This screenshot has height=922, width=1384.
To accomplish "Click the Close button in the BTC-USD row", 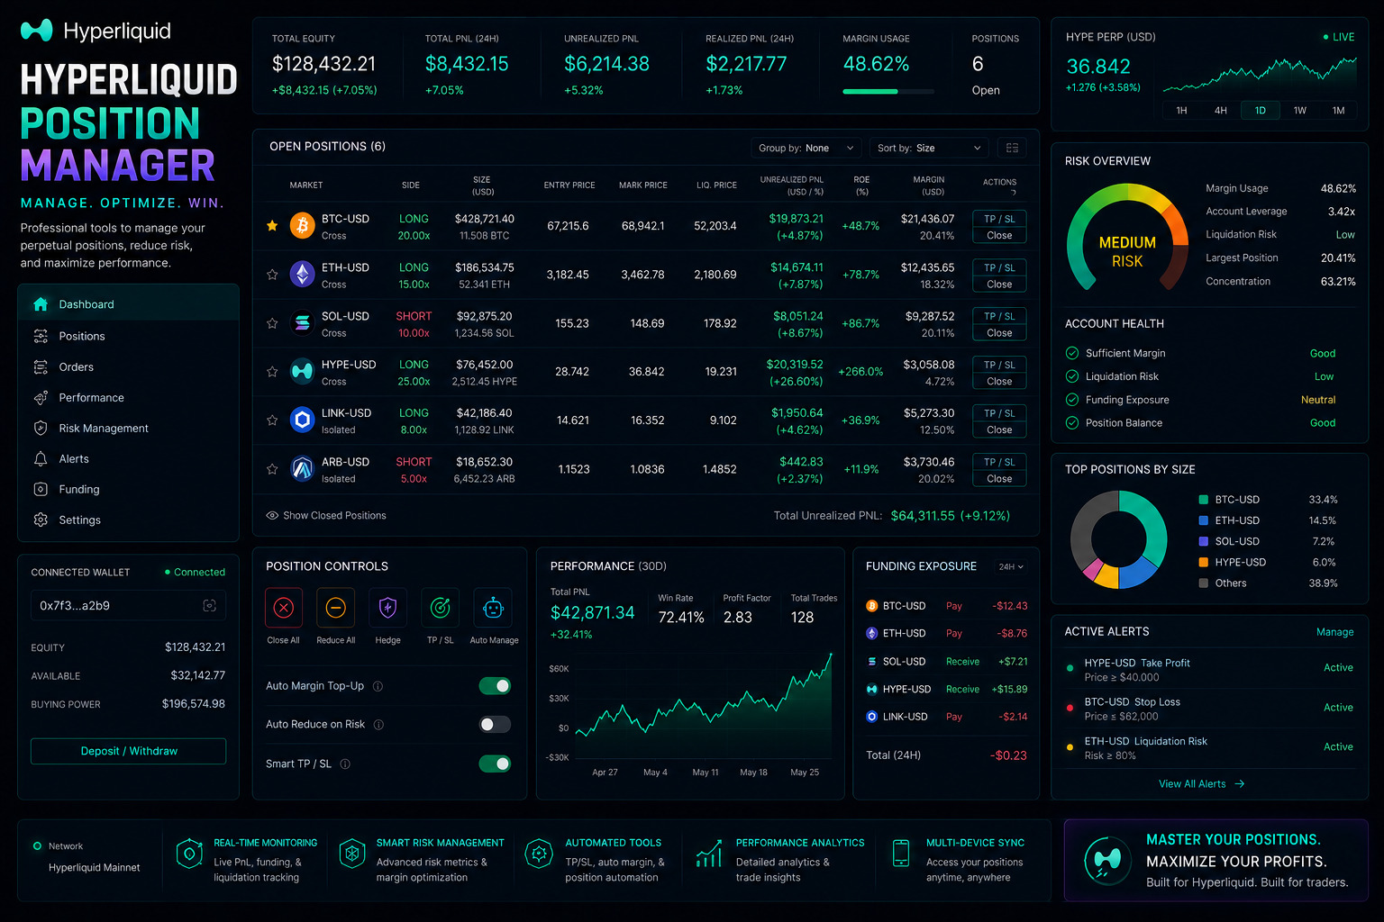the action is [998, 235].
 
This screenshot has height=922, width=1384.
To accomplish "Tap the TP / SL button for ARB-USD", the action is [998, 462].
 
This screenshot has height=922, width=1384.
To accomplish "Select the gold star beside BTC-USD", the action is [272, 225].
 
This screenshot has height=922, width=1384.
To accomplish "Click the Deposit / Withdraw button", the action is [129, 751].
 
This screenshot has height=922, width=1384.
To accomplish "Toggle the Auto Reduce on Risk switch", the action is [495, 724].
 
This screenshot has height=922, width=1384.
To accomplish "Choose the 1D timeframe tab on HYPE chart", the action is [1260, 111].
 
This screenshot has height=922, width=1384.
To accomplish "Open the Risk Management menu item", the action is [104, 428].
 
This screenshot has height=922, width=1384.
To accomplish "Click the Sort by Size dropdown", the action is [929, 149].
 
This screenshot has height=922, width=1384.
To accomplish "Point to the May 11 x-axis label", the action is [705, 772].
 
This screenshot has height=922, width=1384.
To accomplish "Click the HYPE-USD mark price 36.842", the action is [646, 371].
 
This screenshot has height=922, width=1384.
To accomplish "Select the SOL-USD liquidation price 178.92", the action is [720, 323].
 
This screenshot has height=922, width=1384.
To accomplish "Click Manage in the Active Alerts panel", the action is [1334, 632].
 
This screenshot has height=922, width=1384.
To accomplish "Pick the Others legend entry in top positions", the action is [1224, 583].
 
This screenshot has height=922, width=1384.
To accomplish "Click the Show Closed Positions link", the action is [326, 515].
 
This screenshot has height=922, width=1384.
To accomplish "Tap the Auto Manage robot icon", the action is [493, 609].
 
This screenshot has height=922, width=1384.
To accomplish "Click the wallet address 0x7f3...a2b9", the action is [75, 606].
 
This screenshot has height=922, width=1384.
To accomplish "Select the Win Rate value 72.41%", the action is [681, 617].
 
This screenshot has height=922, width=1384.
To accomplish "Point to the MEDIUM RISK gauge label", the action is [1127, 252].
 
